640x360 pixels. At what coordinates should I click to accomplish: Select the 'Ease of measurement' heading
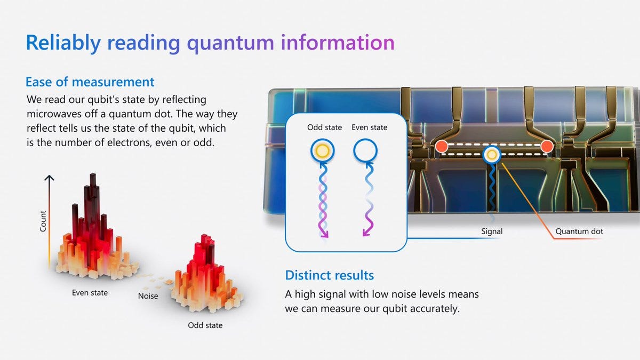[90, 82]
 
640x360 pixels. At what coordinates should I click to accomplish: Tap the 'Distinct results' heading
[330, 275]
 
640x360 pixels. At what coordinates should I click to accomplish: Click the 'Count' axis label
[43, 221]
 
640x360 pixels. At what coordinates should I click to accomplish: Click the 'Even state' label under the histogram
[90, 293]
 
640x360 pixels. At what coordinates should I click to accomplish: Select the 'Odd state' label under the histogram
[205, 325]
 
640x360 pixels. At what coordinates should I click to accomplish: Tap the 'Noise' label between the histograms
[148, 295]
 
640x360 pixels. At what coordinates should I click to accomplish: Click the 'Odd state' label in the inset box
[324, 128]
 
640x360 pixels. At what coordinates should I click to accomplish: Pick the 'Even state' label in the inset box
[370, 128]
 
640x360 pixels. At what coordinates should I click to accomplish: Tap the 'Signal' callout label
[491, 231]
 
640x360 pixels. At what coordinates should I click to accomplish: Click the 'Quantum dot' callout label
[579, 231]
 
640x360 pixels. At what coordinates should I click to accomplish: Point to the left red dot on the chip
[441, 146]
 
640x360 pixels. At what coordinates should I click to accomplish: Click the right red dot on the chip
[546, 146]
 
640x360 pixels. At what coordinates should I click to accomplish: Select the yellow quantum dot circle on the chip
[491, 155]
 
